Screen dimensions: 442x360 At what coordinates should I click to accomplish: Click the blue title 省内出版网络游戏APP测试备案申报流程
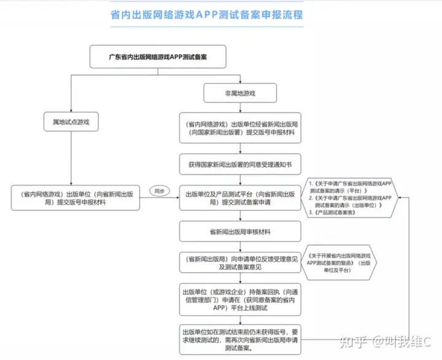(207, 15)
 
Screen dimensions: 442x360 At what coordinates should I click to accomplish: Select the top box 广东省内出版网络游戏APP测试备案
(158, 57)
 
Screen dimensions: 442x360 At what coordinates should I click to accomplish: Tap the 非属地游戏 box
(240, 93)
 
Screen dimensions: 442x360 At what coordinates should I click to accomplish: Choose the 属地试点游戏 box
(71, 122)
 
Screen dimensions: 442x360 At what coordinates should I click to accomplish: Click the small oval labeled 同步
(159, 191)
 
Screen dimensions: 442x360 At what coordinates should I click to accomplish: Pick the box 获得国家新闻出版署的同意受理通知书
(240, 165)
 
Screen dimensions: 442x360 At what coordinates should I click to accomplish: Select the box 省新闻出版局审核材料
(240, 232)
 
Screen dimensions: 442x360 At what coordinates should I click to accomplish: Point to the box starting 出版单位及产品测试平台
(240, 198)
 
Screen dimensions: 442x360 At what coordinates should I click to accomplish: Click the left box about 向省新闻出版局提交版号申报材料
(76, 198)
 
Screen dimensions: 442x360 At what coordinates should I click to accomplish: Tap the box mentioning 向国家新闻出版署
(240, 128)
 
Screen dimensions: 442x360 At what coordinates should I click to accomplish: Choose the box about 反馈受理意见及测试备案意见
(240, 263)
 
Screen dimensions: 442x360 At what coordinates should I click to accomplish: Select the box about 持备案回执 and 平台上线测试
(240, 300)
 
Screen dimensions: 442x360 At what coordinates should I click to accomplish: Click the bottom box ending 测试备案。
(240, 340)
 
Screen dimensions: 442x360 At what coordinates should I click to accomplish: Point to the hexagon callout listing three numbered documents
(349, 198)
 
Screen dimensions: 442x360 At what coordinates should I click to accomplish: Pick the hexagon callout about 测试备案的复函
(339, 263)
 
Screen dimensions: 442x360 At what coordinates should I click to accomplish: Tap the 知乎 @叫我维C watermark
(386, 342)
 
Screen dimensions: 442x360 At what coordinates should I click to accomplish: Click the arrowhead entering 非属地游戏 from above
(240, 82)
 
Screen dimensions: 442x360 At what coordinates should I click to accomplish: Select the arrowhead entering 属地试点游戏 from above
(71, 111)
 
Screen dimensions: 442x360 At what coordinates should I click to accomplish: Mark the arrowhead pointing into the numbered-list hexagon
(400, 197)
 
